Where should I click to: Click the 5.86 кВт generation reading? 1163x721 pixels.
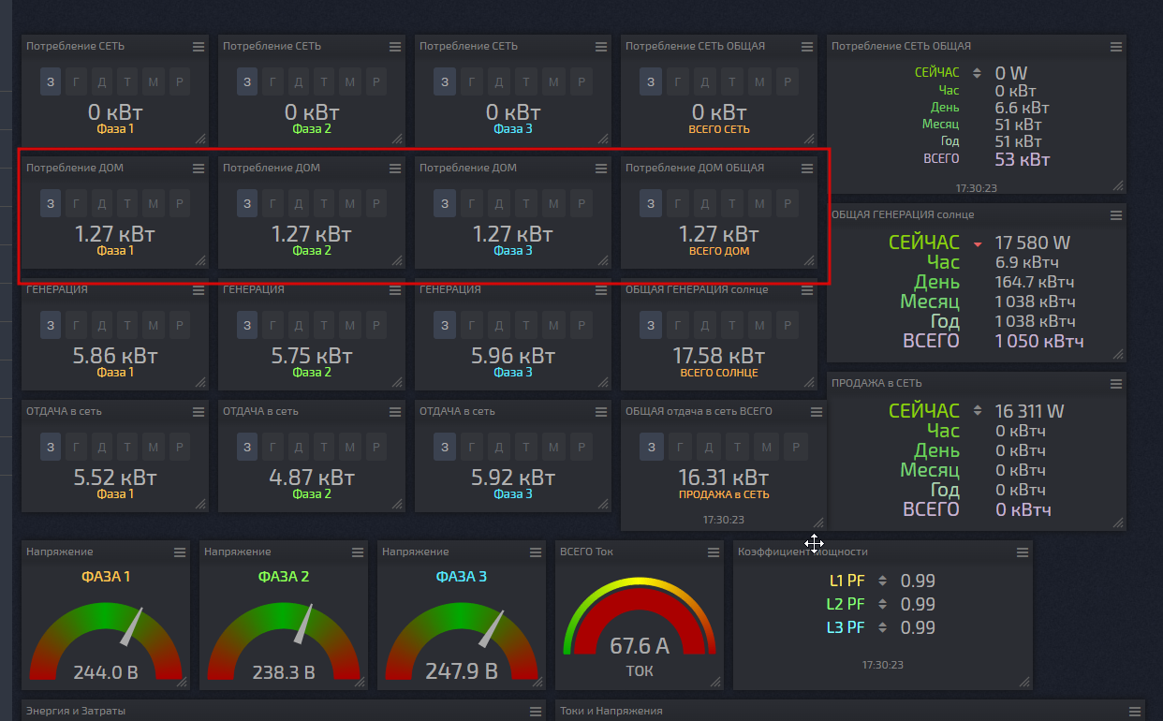115,356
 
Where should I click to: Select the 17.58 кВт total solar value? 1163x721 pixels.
718,356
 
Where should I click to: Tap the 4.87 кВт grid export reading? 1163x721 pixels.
312,478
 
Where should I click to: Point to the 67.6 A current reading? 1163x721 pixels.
640,646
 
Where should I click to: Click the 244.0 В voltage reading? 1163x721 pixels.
106,672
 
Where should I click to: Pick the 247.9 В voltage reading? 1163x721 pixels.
462,671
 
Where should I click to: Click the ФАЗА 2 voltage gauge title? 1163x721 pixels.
284,576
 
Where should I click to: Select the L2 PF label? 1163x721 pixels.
846,604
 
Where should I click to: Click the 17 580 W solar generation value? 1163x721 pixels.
1032,243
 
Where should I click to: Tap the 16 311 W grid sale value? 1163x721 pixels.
1029,411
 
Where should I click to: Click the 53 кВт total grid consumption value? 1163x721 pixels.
1022,159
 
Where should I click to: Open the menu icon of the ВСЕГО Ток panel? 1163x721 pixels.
714,552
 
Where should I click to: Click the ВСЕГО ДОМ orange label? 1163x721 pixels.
719,251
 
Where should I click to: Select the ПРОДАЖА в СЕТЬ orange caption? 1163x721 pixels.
724,494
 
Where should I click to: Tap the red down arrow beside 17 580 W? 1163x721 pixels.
978,244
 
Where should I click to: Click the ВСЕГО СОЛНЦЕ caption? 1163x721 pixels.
719,373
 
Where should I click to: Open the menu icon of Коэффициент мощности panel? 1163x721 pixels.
1023,552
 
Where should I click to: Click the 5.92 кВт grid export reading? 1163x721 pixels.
513,478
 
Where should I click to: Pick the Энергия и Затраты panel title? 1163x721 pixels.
76,711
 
